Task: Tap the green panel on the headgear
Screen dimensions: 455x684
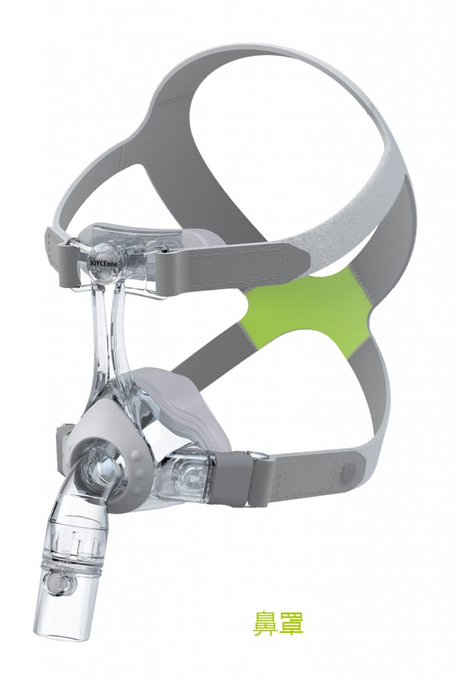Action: point(305,305)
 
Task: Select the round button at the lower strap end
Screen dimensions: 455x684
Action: point(347,470)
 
